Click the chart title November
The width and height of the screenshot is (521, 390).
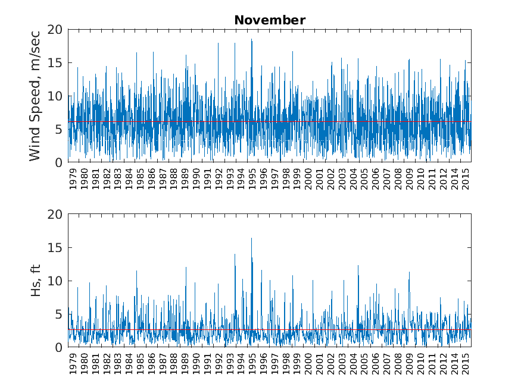point(270,20)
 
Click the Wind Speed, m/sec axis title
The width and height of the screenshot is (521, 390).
point(35,95)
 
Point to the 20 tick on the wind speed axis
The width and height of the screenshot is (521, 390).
point(55,29)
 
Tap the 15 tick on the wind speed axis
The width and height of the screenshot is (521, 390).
point(55,62)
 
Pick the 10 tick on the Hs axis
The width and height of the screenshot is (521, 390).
point(55,281)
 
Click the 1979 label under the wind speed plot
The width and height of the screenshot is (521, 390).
point(73,180)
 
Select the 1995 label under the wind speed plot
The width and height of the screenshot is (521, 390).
point(252,180)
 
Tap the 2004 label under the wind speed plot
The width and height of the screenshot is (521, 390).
point(354,180)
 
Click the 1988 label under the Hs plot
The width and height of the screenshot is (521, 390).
point(174,364)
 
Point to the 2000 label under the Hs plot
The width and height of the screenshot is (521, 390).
point(308,364)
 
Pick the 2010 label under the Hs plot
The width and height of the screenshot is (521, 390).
point(421,364)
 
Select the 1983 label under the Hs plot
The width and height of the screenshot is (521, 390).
point(118,364)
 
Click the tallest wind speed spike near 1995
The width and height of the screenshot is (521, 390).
point(251,39)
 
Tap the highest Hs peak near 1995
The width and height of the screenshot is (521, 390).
point(251,238)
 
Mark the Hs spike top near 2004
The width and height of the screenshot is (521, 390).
point(358,266)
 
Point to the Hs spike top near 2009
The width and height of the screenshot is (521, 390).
point(409,272)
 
